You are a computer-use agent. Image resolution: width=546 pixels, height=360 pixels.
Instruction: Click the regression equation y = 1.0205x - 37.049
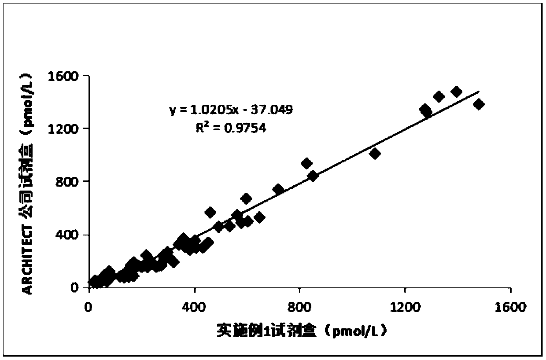(x=231, y=110)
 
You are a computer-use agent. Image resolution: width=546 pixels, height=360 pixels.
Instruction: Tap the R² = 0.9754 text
(x=231, y=128)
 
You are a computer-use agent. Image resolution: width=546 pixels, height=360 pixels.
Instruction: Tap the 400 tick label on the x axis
(x=194, y=307)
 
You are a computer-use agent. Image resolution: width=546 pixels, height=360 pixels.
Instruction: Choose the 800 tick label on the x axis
(x=299, y=307)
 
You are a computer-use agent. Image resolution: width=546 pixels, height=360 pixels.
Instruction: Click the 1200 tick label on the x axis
(x=405, y=307)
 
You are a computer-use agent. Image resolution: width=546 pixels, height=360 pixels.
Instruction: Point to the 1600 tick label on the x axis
(x=510, y=307)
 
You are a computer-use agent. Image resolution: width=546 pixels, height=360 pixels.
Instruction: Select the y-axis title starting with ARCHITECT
(x=27, y=181)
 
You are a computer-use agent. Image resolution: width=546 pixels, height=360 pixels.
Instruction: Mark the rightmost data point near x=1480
(x=479, y=104)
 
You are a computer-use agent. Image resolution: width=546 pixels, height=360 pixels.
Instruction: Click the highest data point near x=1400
(x=456, y=92)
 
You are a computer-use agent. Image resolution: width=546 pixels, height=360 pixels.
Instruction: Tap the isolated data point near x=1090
(x=375, y=154)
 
